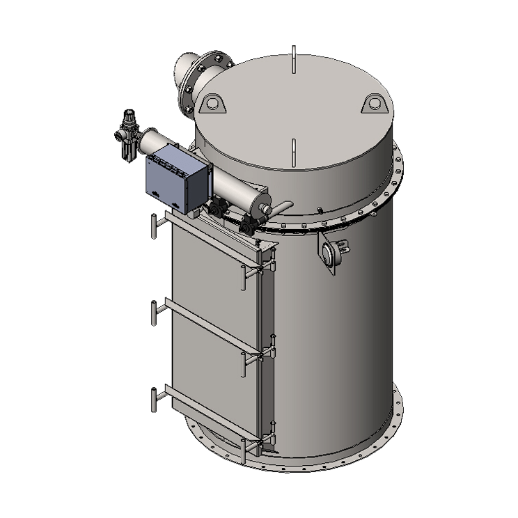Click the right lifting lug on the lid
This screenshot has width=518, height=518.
pos(375,104)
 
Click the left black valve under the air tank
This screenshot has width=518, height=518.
pos(218,206)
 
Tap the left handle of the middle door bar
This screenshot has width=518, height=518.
pos(152,313)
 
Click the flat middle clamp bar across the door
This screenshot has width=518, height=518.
pos(209,328)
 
